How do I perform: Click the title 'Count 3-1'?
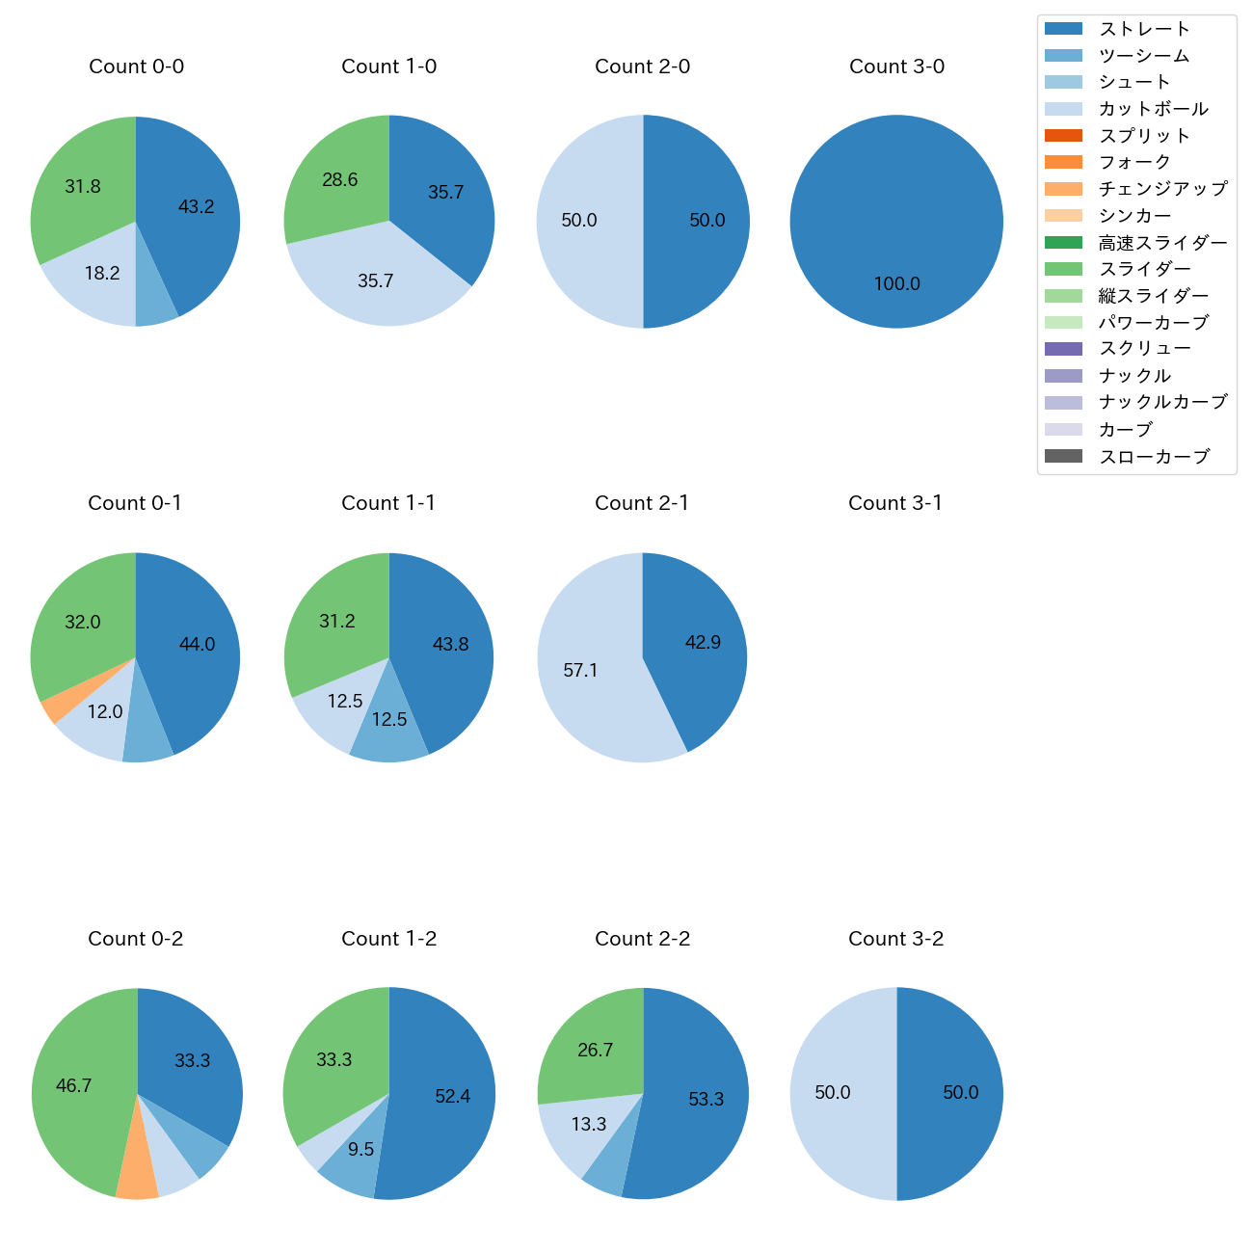pos(895,503)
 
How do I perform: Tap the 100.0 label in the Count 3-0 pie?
pos(896,284)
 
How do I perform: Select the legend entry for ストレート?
pos(1144,29)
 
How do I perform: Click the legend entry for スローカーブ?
pos(1154,457)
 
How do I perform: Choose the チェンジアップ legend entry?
pos(1162,189)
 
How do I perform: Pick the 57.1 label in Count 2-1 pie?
pos(580,670)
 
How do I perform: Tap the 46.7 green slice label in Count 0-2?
pos(73,1086)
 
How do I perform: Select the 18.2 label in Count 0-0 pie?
pos(102,274)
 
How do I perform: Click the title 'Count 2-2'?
pos(642,939)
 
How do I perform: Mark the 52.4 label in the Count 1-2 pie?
pos(452,1097)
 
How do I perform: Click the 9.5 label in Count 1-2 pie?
pos(360,1150)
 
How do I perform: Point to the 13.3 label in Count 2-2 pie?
pos(589,1125)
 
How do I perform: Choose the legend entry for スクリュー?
pos(1145,349)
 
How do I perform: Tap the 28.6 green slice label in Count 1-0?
pos(340,180)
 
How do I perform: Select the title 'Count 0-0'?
pos(136,67)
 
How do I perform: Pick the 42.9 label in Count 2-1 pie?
pos(703,643)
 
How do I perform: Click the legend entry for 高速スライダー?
pos(1162,243)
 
